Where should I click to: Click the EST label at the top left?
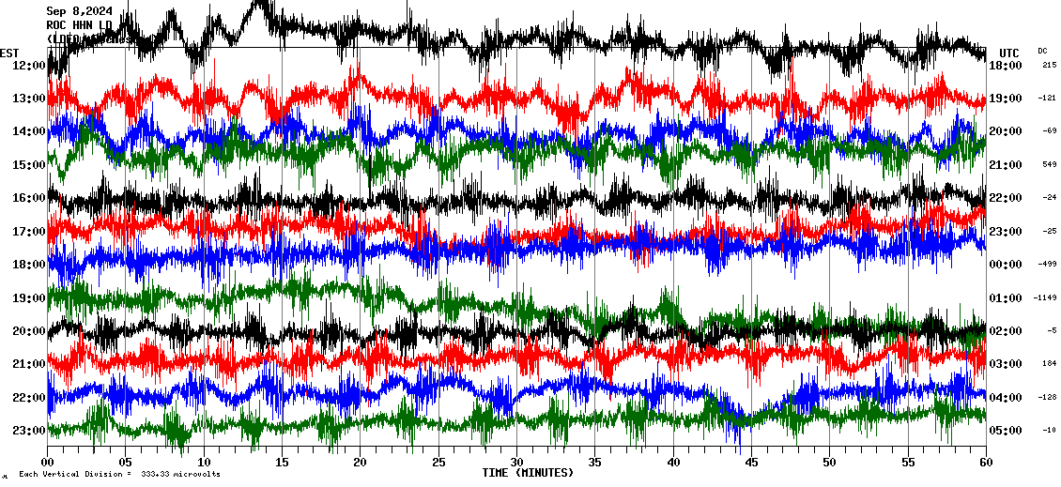pyautogui.click(x=10, y=53)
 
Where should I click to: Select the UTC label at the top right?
pyautogui.click(x=1009, y=53)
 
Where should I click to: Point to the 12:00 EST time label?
pyautogui.click(x=29, y=66)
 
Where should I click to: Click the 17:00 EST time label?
pyautogui.click(x=29, y=232)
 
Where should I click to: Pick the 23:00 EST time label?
pyautogui.click(x=29, y=431)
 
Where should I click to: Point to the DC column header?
pyautogui.click(x=1042, y=51)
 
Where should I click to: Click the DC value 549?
pyautogui.click(x=1049, y=164)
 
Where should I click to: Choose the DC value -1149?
pyautogui.click(x=1045, y=297)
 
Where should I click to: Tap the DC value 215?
pyautogui.click(x=1049, y=65)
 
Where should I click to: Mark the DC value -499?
pyautogui.click(x=1047, y=265)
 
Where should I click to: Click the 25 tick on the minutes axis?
pyautogui.click(x=438, y=463)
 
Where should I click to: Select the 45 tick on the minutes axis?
pyautogui.click(x=751, y=463)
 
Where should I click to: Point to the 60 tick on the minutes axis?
pyautogui.click(x=985, y=463)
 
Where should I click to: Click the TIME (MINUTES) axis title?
pyautogui.click(x=528, y=473)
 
